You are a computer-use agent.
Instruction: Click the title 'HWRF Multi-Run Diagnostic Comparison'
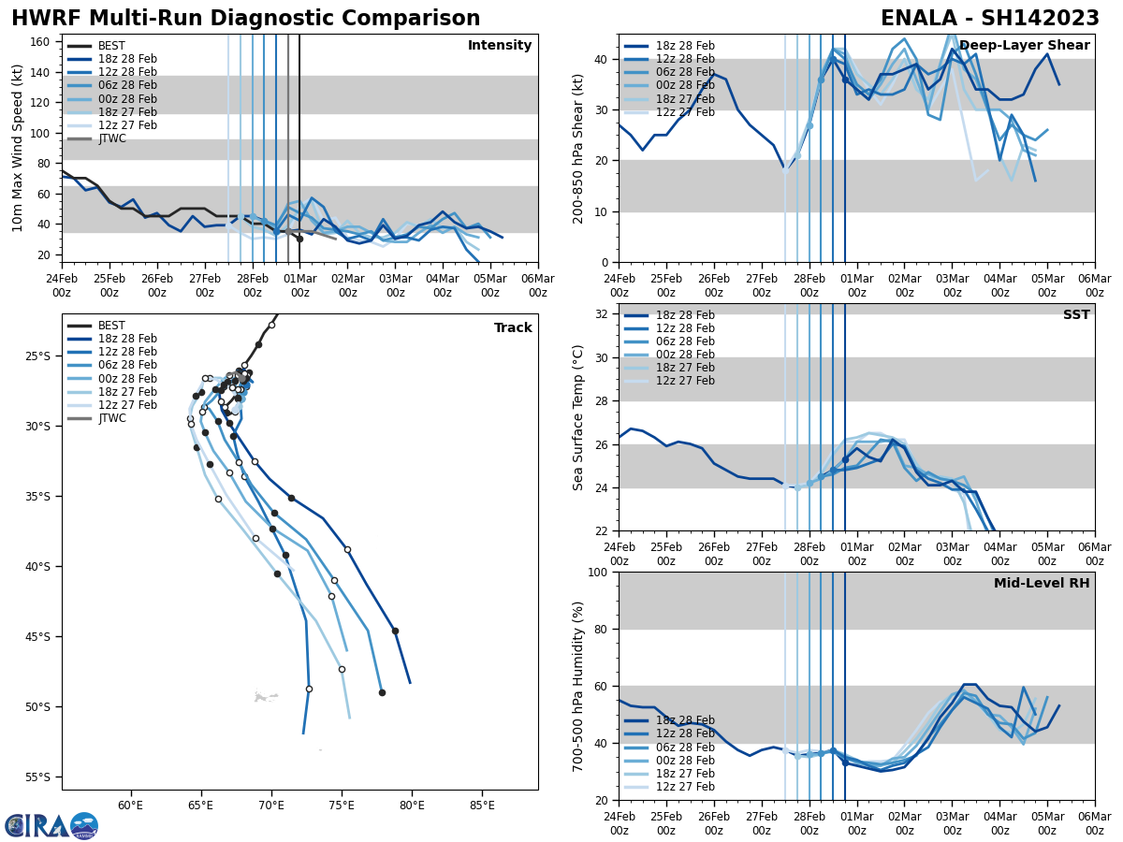point(245,19)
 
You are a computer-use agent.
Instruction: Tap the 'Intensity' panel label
point(499,46)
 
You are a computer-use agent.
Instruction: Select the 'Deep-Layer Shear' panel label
point(1024,46)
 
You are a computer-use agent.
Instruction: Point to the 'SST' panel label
point(1075,315)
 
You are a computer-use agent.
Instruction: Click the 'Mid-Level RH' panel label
point(1042,584)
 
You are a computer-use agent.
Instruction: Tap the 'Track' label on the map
point(513,328)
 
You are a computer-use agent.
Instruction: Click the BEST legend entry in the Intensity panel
point(110,46)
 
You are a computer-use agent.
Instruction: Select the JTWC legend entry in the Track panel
point(111,418)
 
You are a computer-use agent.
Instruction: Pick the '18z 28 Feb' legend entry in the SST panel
point(687,315)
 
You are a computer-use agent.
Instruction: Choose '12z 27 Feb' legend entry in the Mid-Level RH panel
point(687,787)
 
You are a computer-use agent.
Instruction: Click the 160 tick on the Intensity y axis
point(40,42)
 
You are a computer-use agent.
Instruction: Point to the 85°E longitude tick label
point(482,805)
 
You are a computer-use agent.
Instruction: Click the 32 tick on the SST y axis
point(604,314)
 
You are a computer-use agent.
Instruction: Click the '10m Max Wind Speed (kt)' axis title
point(18,148)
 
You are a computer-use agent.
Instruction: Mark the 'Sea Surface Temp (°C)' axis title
point(578,417)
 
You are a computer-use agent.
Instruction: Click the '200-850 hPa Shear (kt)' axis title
point(578,148)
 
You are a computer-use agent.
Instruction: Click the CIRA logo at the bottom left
point(51,826)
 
